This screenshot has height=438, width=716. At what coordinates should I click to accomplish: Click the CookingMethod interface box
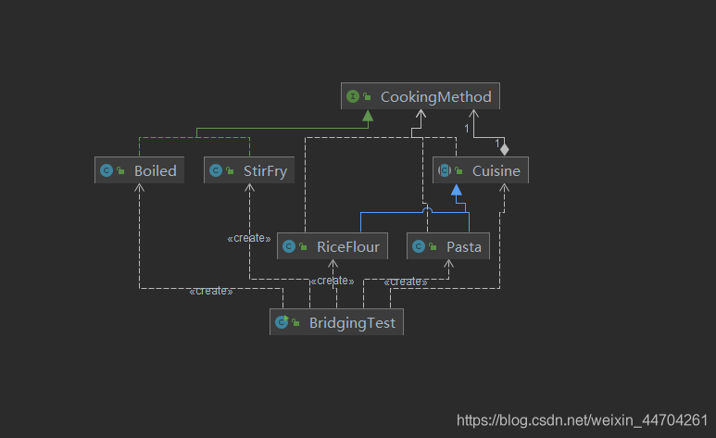[421, 96]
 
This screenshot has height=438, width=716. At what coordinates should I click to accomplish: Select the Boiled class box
[139, 169]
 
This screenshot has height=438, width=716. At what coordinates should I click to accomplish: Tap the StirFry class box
[249, 169]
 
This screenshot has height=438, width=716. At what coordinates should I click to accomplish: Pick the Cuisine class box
[481, 169]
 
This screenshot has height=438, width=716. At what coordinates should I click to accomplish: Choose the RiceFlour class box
[333, 246]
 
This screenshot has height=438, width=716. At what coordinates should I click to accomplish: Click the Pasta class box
[448, 246]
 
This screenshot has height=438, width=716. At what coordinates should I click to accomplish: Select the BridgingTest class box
[336, 322]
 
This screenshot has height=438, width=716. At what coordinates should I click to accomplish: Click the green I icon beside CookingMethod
[353, 96]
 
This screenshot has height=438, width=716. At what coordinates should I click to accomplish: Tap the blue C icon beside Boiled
[107, 170]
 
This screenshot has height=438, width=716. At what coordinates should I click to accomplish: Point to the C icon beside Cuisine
[445, 170]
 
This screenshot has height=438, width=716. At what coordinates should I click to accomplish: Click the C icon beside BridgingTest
[282, 322]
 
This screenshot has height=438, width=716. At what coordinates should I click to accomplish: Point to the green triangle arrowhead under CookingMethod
[368, 116]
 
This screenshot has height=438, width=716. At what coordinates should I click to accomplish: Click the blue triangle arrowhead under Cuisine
[456, 190]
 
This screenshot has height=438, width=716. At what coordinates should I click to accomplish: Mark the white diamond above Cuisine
[504, 149]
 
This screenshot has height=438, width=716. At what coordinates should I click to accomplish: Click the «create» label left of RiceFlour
[249, 238]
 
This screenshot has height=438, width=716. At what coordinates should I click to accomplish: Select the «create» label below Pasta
[406, 282]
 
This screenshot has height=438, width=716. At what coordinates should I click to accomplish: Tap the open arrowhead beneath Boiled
[139, 187]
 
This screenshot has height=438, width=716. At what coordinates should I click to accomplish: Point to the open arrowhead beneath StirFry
[249, 187]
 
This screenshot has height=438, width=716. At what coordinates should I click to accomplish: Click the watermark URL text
[583, 419]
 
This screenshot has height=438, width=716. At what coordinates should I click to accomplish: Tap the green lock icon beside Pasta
[433, 246]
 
